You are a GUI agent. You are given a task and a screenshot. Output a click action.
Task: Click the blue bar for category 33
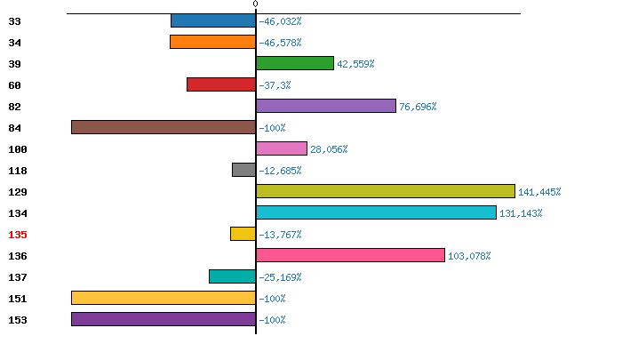pos(213,20)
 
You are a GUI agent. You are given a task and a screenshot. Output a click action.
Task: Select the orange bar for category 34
pos(212,42)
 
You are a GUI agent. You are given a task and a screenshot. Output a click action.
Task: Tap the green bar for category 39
pos(295,63)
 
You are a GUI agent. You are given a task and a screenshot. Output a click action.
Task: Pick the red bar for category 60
pos(221,84)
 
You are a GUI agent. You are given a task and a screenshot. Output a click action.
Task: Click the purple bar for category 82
pos(326,106)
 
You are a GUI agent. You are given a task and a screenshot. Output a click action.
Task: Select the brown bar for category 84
pos(163,127)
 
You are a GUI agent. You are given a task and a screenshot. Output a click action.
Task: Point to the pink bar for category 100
pos(282,148)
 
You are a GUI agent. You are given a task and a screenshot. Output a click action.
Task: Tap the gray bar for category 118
pos(244,170)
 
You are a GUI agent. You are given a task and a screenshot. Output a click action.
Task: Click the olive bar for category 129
pos(386,191)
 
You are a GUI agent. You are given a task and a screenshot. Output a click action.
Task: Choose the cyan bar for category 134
pos(376,212)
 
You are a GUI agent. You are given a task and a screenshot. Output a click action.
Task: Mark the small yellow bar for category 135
pos(243,234)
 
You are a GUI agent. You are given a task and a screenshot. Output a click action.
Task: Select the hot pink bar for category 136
pos(350,255)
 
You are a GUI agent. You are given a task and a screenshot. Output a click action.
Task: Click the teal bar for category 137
pos(232,276)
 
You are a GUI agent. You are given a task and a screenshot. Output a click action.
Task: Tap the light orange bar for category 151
pos(163,298)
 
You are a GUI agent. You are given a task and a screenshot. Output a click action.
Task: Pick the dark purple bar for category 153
pos(163,319)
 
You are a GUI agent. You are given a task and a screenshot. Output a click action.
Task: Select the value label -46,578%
pos(280,43)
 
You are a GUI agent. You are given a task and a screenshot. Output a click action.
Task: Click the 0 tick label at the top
pos(256,4)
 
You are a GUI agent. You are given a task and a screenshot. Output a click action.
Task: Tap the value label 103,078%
pos(469,256)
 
